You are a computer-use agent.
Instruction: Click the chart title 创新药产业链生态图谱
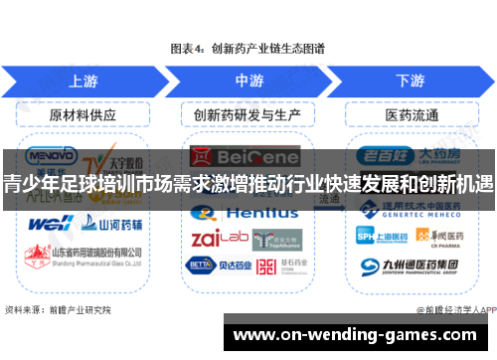tap(248, 46)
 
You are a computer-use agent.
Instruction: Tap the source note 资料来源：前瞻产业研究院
tap(58, 309)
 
